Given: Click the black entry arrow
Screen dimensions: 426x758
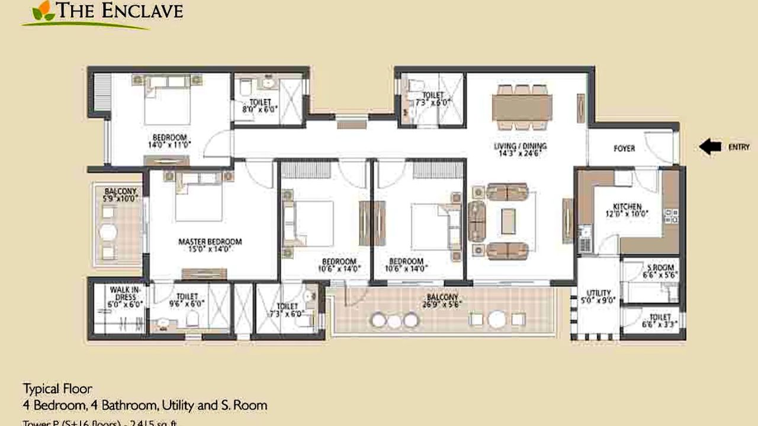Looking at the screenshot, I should pos(710,147).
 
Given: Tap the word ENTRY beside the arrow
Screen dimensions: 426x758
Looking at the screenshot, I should pos(738,147).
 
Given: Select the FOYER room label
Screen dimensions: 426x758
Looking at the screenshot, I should pos(624,149).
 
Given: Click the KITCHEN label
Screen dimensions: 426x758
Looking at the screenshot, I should pos(627,207).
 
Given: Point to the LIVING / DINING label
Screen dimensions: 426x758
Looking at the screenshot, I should pos(520,146).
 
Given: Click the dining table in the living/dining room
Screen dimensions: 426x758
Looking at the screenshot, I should pos(522,107).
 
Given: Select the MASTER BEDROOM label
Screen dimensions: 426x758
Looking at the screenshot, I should pos(210,242).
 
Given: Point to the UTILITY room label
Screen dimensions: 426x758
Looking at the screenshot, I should pos(599,293).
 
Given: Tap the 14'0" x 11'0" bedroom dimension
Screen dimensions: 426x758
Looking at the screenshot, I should pos(169,144).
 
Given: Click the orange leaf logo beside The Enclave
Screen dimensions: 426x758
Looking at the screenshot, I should pos(41,10).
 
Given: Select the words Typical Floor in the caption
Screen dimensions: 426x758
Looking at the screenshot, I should pos(57,389).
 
